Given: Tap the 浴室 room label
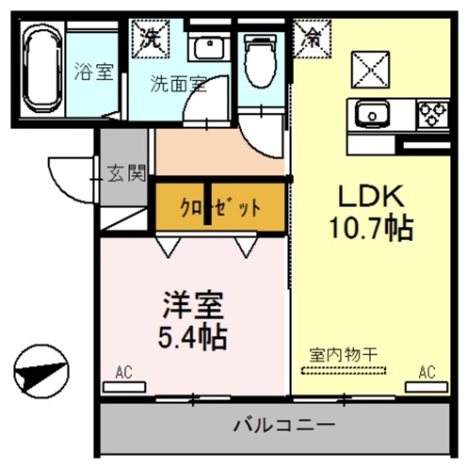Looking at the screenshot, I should click(x=93, y=72).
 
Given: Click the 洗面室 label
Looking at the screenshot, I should click(x=177, y=83).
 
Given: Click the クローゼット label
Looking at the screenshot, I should click(x=220, y=209).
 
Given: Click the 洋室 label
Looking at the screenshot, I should click(x=191, y=304).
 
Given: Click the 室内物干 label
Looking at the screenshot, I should click(x=343, y=355).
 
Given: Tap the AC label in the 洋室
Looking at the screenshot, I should click(x=123, y=374).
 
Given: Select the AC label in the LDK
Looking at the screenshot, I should click(x=427, y=373).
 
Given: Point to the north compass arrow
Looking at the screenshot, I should click(x=42, y=370).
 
